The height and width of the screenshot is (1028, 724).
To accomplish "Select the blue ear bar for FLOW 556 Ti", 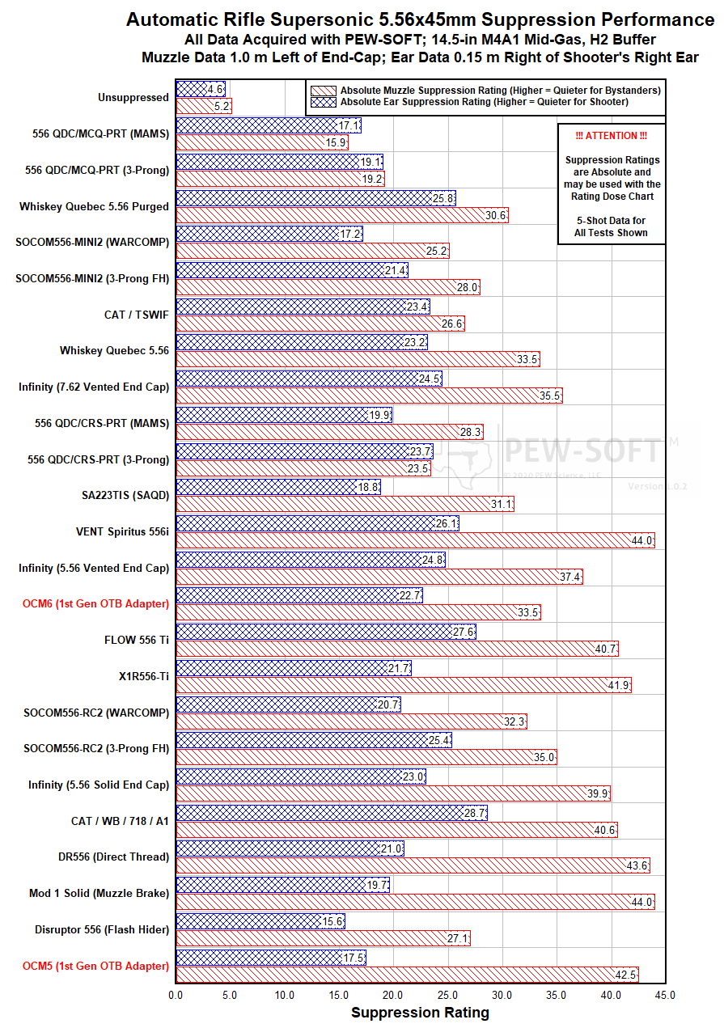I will [325, 631].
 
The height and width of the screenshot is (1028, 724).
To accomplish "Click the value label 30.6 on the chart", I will [496, 215].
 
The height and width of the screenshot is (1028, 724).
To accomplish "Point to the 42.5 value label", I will [626, 974].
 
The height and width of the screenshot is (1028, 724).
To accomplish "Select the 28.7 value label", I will [475, 812].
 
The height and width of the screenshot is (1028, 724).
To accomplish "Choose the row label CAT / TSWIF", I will [137, 315].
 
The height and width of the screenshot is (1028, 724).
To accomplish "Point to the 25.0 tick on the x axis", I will [447, 995].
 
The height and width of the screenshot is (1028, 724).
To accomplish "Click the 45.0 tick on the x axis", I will [665, 995].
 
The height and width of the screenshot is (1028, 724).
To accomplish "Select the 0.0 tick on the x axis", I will [176, 995].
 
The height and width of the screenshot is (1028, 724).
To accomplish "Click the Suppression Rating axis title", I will [420, 1013].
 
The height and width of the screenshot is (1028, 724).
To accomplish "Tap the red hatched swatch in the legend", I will [323, 90].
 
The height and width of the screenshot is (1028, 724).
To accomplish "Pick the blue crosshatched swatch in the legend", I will [323, 102].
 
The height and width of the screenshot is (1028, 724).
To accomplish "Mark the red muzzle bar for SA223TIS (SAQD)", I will [344, 504].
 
